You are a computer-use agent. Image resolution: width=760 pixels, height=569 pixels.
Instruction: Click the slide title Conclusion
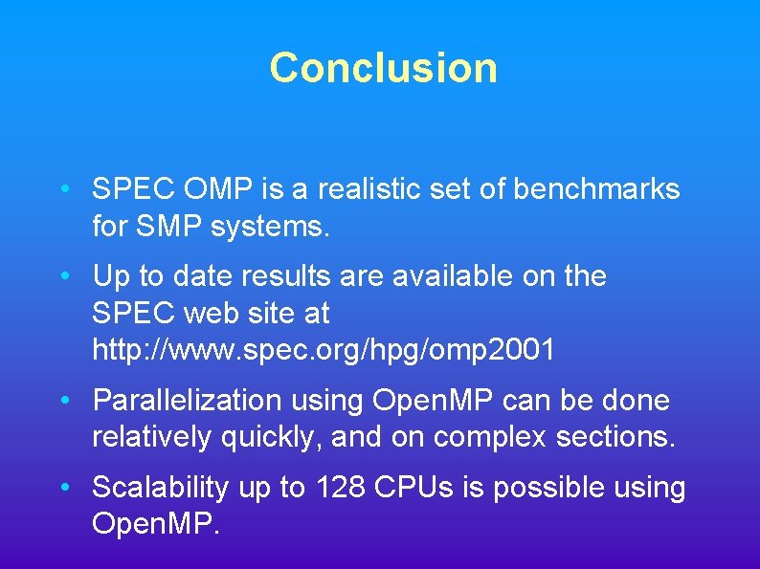pos(383,68)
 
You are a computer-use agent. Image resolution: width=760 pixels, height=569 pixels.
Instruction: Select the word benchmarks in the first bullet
pos(596,189)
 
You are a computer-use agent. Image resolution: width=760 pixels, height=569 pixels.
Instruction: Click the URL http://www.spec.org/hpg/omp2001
pos(324,350)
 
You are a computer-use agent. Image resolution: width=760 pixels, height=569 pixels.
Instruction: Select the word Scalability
pos(161,488)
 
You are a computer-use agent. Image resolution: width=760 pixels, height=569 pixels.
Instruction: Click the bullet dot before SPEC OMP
pos(63,189)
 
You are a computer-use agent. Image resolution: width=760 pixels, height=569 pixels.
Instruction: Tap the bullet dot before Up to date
pos(63,276)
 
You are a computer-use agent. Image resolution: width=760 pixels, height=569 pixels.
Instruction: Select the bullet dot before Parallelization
pos(63,400)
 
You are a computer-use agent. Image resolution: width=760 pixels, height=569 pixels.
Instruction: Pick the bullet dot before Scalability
pos(63,488)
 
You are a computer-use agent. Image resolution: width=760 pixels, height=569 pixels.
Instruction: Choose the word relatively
pos(152,438)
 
